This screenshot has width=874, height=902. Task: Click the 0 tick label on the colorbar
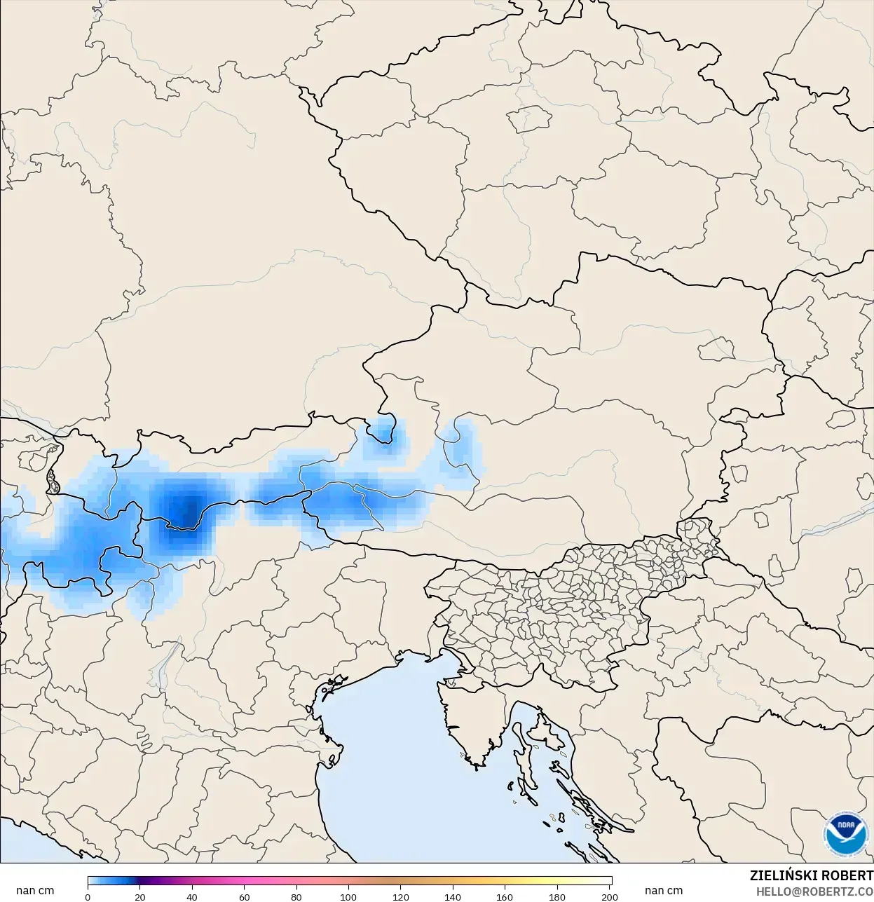(88, 896)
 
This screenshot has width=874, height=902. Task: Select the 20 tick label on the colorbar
(140, 896)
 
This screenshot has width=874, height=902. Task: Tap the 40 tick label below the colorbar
(192, 896)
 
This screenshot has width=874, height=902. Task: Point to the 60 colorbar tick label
(245, 896)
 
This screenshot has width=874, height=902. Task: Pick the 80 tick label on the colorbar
(296, 896)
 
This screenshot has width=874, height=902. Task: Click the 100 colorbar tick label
(349, 896)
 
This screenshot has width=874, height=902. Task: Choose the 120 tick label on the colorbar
(401, 896)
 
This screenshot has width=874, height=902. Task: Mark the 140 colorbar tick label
(453, 896)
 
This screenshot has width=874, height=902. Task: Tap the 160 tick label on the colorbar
(505, 896)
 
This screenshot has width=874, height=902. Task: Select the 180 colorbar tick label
(558, 896)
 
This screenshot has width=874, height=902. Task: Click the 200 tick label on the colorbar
(610, 896)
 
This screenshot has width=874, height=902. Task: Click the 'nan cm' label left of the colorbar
(35, 891)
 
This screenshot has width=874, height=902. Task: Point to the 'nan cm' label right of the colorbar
(663, 891)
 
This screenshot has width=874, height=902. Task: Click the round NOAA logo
(845, 834)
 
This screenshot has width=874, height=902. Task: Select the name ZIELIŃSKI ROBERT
(811, 876)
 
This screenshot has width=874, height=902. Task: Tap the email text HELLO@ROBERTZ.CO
(814, 891)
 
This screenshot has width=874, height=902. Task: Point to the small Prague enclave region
(527, 119)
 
